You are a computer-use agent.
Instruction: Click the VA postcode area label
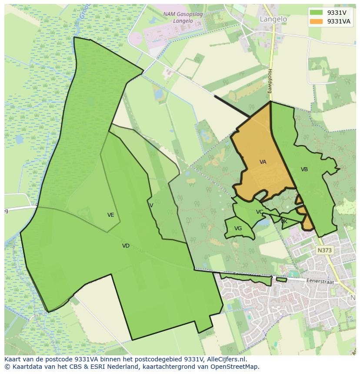pyautogui.click(x=263, y=162)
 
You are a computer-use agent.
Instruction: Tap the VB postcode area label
pyautogui.click(x=304, y=169)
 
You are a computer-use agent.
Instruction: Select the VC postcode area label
pyautogui.click(x=260, y=212)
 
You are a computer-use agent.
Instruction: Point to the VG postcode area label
pyautogui.click(x=238, y=228)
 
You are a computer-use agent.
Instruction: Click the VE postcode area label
pyautogui.click(x=111, y=215)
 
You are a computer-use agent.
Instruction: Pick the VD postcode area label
pyautogui.click(x=126, y=246)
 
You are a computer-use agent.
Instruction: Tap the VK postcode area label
pyautogui.click(x=284, y=222)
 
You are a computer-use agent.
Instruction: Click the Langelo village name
pyautogui.click(x=273, y=19)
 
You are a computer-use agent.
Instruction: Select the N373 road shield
pyautogui.click(x=324, y=250)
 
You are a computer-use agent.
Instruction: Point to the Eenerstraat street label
pyautogui.click(x=322, y=281)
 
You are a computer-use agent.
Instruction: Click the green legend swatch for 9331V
pyautogui.click(x=317, y=13)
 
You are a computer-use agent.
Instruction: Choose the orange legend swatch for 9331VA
pyautogui.click(x=317, y=21)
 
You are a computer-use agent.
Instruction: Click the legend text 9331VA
pyautogui.click(x=339, y=21)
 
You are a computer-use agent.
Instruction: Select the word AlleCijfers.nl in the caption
pyautogui.click(x=226, y=359)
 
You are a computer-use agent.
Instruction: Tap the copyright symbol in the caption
pyautogui.click(x=7, y=367)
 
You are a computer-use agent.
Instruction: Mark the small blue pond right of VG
pyautogui.click(x=263, y=223)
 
